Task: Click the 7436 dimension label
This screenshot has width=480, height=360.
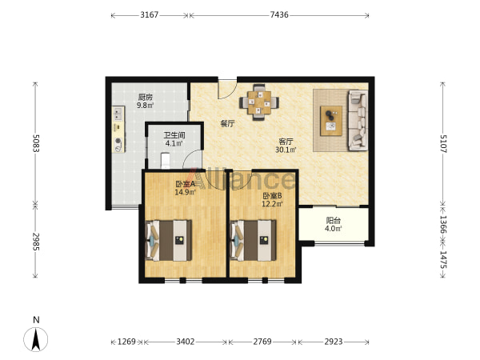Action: pyautogui.click(x=279, y=14)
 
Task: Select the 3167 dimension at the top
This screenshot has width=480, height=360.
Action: pyautogui.click(x=150, y=14)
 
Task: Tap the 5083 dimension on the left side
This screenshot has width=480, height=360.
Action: pyautogui.click(x=36, y=143)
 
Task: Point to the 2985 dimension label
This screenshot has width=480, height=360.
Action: pyautogui.click(x=36, y=242)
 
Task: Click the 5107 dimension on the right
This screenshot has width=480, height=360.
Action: pyautogui.click(x=443, y=143)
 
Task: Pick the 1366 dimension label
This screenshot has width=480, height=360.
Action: pyautogui.click(x=443, y=224)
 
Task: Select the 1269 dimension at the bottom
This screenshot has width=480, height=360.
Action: pyautogui.click(x=126, y=342)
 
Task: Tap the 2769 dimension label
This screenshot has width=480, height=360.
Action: pyautogui.click(x=262, y=342)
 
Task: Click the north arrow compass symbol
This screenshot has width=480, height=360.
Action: pyautogui.click(x=36, y=339)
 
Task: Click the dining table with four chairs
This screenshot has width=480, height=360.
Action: pyautogui.click(x=259, y=102)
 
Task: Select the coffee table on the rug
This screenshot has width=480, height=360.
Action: pyautogui.click(x=331, y=121)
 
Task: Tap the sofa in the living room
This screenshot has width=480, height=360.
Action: pyautogui.click(x=358, y=120)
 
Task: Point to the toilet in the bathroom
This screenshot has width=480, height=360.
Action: pyautogui.click(x=166, y=161)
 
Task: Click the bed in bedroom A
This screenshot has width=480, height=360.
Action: pyautogui.click(x=169, y=241)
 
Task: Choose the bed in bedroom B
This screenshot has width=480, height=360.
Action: pyautogui.click(x=253, y=241)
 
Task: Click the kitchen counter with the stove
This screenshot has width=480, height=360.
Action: pyautogui.click(x=118, y=130)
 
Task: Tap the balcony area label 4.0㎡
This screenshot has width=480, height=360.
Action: pyautogui.click(x=334, y=229)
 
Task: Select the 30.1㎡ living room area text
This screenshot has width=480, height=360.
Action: pyautogui.click(x=286, y=150)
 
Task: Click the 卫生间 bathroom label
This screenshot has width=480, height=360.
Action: pyautogui.click(x=174, y=135)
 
